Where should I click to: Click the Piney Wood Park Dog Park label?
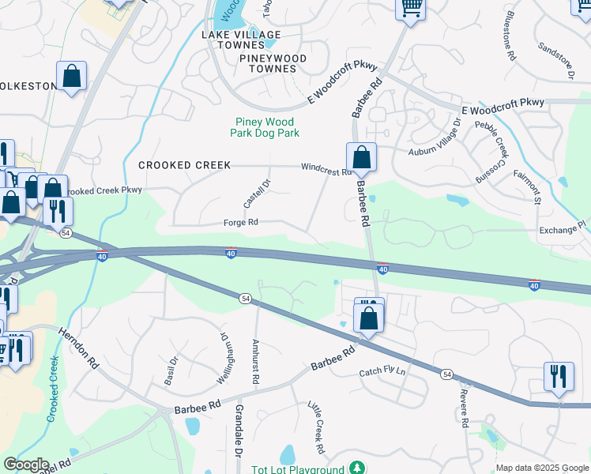265,127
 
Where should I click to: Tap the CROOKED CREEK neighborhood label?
184,165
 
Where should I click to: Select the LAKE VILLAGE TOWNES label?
241,39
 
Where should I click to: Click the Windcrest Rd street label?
325,167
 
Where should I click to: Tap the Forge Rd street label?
242,223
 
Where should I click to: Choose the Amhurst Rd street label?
255,363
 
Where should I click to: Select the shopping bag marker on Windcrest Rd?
361,156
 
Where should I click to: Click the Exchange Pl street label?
562,231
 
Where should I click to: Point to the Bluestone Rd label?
510,47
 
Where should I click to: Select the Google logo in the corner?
26,465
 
